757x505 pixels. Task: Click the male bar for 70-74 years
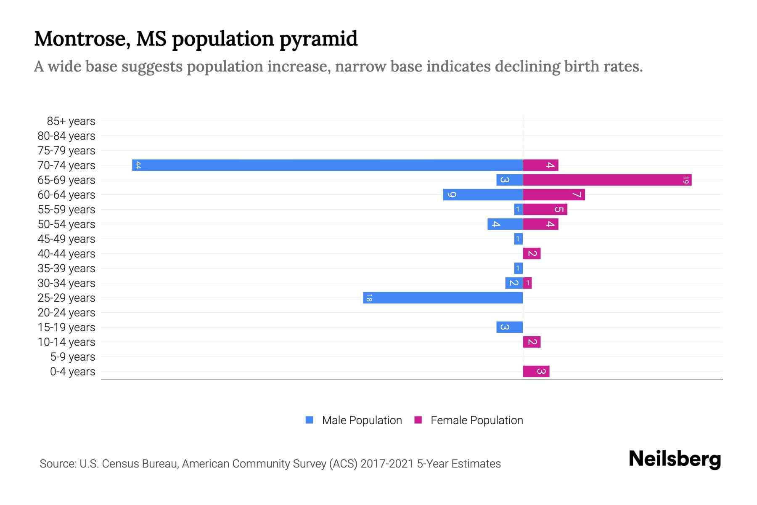tap(327, 165)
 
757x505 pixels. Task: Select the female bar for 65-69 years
tap(607, 180)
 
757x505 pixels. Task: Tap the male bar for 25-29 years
tap(443, 298)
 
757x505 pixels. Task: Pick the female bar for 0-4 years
tap(536, 371)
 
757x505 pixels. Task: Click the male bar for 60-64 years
tap(483, 194)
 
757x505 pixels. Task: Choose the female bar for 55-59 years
tap(545, 209)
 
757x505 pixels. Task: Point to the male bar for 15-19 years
tap(509, 327)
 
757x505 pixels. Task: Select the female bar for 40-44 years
tap(532, 253)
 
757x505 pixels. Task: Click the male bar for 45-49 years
tap(518, 239)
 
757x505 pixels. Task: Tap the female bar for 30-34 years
tap(527, 283)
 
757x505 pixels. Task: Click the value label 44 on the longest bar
tap(138, 165)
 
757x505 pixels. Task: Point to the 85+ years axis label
tap(71, 121)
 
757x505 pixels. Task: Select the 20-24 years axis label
tap(66, 313)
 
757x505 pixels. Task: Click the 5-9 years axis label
tap(72, 357)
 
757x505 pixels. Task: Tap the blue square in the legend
tap(310, 420)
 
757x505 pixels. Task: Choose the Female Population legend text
tap(476, 420)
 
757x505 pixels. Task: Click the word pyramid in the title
tap(318, 39)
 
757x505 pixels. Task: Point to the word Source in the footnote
tap(58, 464)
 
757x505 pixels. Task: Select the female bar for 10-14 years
tap(532, 342)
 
